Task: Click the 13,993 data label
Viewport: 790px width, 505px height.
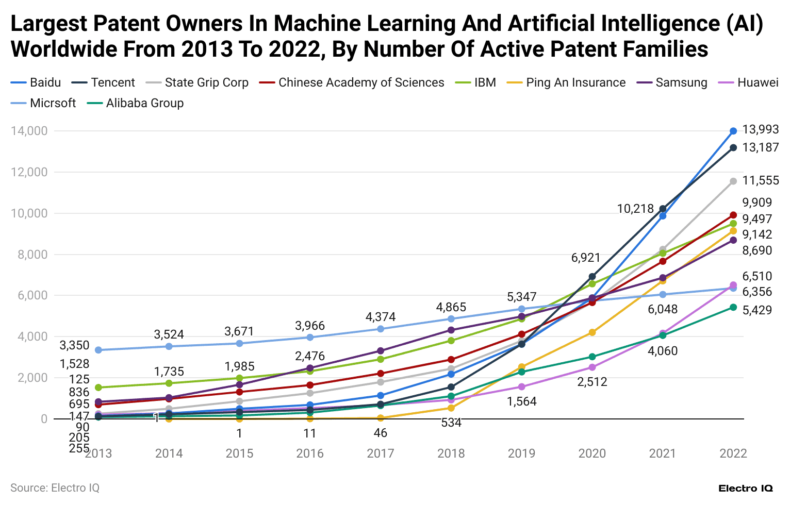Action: click(760, 129)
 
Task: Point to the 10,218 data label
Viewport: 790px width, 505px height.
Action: click(635, 209)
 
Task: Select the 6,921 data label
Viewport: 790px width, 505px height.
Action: click(586, 258)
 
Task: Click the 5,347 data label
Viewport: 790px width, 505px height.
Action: click(521, 297)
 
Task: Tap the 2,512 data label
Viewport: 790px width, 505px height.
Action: click(592, 382)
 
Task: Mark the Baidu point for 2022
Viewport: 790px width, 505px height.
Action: click(733, 131)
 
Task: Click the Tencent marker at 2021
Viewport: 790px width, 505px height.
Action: click(663, 209)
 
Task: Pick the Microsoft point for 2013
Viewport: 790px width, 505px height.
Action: click(98, 350)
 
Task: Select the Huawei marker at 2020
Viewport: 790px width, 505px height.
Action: click(592, 367)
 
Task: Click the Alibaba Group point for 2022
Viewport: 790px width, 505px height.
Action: click(733, 308)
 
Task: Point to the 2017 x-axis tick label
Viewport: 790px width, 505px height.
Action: click(381, 453)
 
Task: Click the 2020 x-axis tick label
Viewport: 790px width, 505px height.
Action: click(592, 453)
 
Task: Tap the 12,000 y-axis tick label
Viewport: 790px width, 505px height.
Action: click(29, 172)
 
